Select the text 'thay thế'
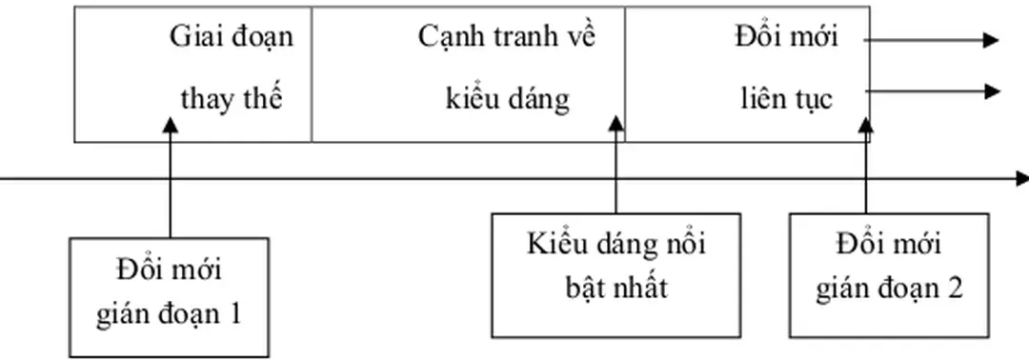click(232, 100)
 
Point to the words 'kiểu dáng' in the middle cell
click(507, 100)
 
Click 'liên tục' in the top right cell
click(787, 100)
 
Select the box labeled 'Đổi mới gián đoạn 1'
click(169, 297)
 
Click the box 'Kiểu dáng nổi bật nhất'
click(615, 274)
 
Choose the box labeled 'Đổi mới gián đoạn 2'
click(889, 274)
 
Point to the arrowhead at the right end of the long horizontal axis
click(1021, 178)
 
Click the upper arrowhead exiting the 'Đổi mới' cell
click(991, 40)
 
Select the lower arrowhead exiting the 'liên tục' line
click(991, 91)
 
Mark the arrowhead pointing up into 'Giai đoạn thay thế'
click(170, 126)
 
